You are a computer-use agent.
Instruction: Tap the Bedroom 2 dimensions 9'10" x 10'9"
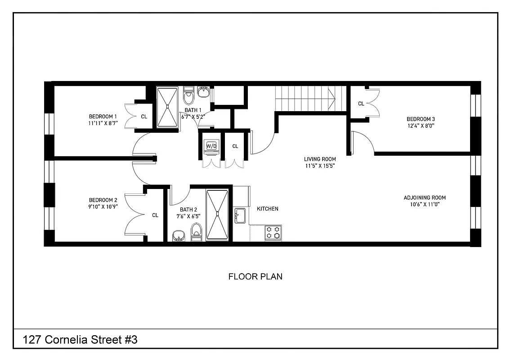click(x=103, y=207)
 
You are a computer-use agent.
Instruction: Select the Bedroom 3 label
click(x=421, y=119)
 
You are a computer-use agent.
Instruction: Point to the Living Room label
click(x=319, y=159)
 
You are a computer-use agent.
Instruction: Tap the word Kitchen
click(x=267, y=209)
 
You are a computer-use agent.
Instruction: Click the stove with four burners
click(x=273, y=233)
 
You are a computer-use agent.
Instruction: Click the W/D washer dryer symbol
click(x=211, y=146)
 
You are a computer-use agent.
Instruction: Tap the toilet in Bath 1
click(x=189, y=96)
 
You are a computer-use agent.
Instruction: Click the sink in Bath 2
click(x=179, y=235)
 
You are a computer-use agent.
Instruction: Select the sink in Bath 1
click(x=203, y=93)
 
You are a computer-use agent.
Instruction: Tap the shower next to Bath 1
click(x=168, y=106)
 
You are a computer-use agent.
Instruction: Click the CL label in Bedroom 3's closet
click(x=361, y=103)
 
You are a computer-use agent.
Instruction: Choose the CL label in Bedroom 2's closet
click(x=155, y=215)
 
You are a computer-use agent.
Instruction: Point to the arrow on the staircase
click(x=332, y=96)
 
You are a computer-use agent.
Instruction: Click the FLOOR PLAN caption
click(x=255, y=277)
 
